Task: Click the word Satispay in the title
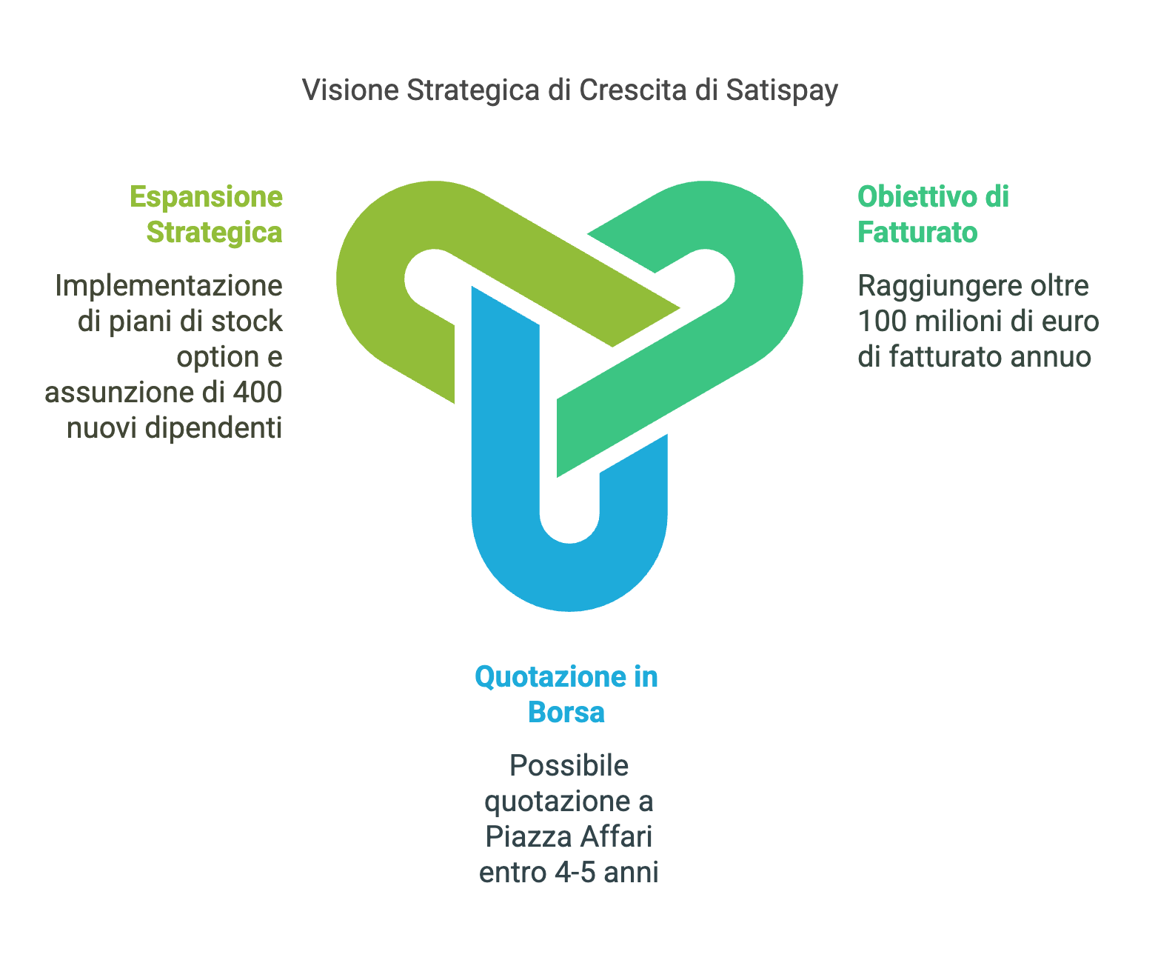click(781, 90)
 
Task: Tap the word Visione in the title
click(350, 90)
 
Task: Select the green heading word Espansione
click(207, 197)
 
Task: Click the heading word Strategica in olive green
click(214, 233)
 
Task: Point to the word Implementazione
click(169, 287)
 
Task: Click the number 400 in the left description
click(258, 393)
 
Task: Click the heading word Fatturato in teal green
click(917, 233)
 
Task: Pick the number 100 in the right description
click(882, 321)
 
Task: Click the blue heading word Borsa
click(566, 713)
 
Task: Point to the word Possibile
click(569, 766)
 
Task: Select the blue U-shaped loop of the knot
click(569, 577)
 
